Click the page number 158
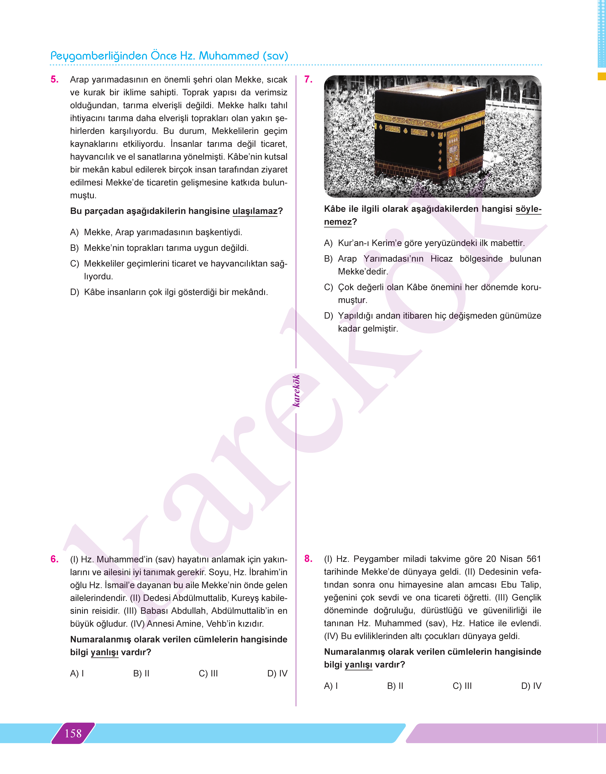(73, 733)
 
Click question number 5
(55, 79)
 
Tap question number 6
(55, 559)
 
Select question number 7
(308, 79)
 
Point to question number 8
(308, 559)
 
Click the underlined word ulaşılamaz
(255, 211)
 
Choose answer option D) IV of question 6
(277, 673)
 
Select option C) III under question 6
(208, 673)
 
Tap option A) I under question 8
(331, 686)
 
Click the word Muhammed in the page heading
(229, 56)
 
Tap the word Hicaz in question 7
(441, 259)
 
